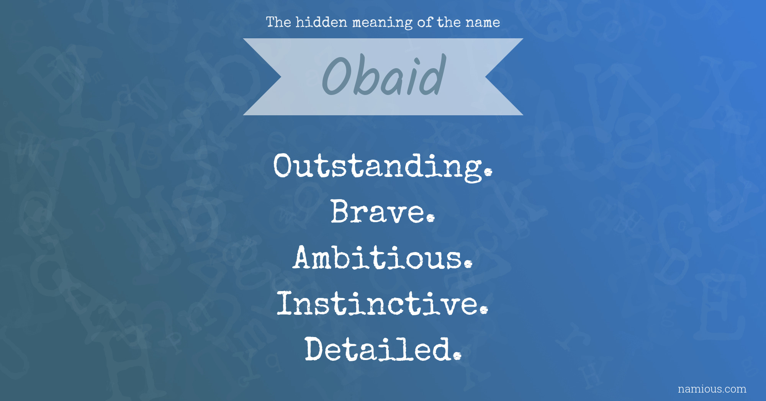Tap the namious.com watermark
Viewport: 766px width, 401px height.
[x=712, y=389]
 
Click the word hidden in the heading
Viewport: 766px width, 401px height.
[x=321, y=22]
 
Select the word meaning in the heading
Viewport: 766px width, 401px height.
[x=383, y=23]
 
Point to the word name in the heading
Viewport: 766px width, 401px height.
[x=483, y=23]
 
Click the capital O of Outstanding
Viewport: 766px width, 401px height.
[x=284, y=165]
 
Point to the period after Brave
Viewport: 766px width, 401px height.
[x=431, y=218]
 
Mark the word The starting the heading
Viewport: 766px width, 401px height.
[x=278, y=22]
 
